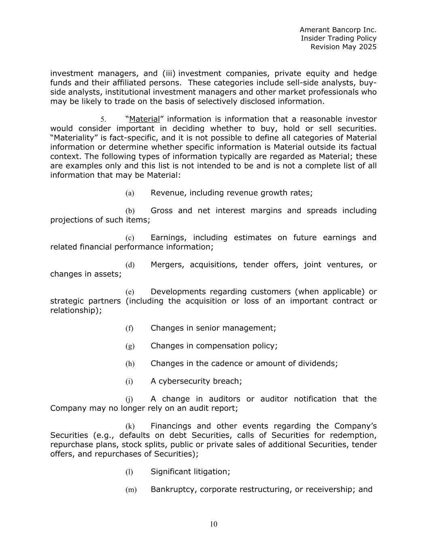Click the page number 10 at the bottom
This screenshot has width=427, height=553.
(x=214, y=524)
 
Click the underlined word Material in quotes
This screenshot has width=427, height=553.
(x=144, y=119)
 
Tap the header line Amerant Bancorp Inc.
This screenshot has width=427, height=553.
(x=338, y=30)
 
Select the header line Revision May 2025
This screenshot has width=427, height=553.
(x=343, y=47)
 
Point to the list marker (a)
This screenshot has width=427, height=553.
(x=130, y=193)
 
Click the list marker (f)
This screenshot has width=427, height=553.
(x=129, y=329)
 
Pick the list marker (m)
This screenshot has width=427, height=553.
(x=131, y=490)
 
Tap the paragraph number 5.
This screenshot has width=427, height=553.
(x=103, y=120)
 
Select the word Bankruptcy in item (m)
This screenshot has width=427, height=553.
(x=173, y=489)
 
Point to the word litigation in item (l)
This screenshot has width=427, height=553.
(x=212, y=472)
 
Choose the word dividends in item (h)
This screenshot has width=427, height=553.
(x=317, y=363)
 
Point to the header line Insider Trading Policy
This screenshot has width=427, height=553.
(x=338, y=38)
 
